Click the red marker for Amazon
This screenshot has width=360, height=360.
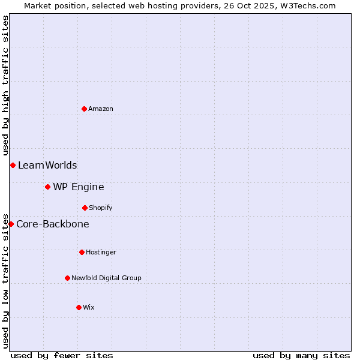pos(84,109)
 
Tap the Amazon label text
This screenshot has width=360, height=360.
pos(101,109)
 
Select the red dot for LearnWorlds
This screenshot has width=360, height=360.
pos(13,165)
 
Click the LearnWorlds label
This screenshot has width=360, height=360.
pos(47,165)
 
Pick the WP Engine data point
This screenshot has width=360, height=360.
pos(47,187)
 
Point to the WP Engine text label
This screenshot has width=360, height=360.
pos(79,187)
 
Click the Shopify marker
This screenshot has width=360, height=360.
pos(85,208)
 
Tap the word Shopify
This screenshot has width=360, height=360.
pos(101,208)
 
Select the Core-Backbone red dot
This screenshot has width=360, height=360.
pos(11,224)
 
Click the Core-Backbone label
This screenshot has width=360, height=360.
pos(53,224)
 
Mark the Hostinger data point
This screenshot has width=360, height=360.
pos(82,252)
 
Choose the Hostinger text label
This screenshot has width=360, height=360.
pos(101,252)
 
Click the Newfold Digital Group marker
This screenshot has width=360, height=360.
pos(67,278)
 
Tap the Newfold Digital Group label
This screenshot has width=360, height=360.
pos(106,278)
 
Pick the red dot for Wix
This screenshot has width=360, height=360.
pos(79,307)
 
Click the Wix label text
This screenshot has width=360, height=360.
pos(89,307)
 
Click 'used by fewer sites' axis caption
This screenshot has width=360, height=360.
pos(62,355)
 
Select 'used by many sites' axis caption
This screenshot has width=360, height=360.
pos(301,355)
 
